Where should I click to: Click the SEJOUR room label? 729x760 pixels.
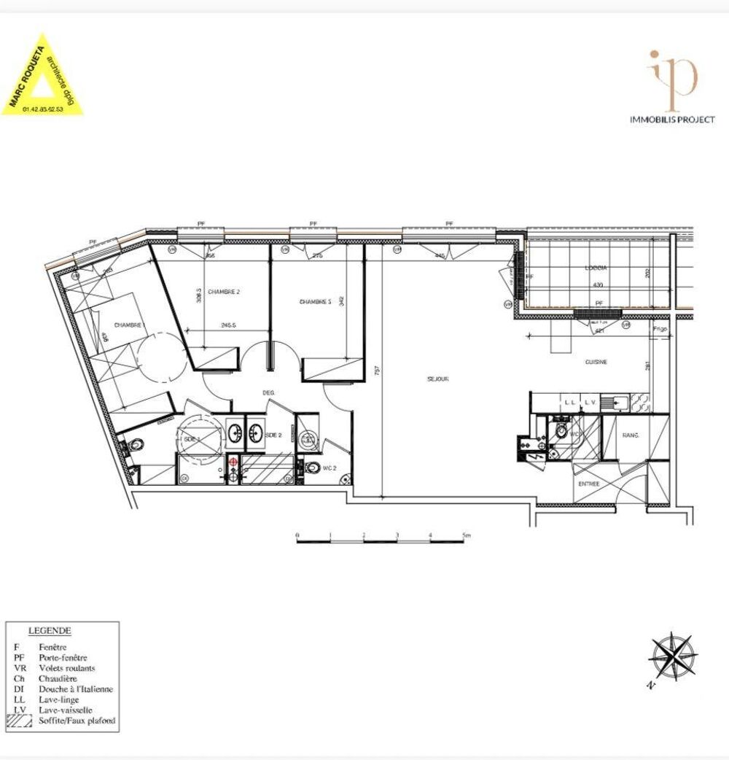(437, 379)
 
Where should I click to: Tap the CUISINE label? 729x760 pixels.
(596, 362)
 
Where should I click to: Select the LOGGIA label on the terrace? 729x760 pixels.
(596, 268)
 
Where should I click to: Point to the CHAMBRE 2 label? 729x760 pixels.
(223, 292)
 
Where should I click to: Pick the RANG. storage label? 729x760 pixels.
(630, 435)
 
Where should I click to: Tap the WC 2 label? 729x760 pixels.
(330, 468)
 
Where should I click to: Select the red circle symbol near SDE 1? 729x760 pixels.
(233, 462)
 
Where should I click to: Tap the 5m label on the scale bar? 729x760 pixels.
(466, 535)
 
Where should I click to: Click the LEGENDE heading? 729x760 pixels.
(50, 629)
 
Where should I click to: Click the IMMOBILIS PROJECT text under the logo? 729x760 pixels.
(671, 120)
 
